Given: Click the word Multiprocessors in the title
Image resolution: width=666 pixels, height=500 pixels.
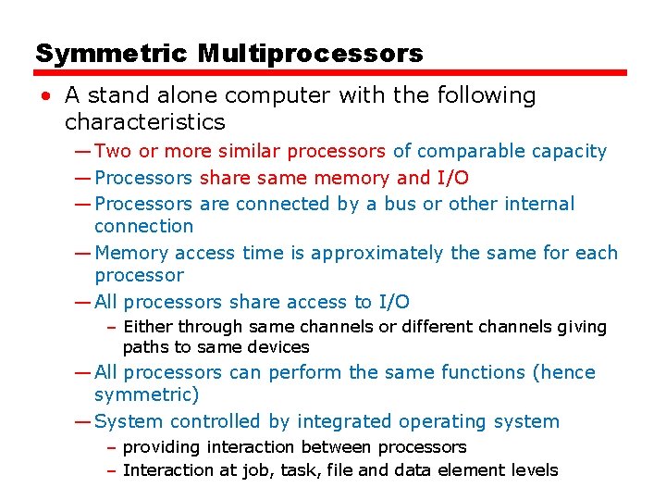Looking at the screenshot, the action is [310, 53].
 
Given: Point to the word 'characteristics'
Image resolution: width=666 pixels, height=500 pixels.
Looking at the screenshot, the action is [144, 121].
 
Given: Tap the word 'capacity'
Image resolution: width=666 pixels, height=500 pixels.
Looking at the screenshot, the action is [573, 151].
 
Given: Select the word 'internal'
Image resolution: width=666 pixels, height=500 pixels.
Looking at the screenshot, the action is [539, 204].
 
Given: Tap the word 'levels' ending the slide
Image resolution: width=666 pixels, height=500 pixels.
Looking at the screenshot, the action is [534, 470].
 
